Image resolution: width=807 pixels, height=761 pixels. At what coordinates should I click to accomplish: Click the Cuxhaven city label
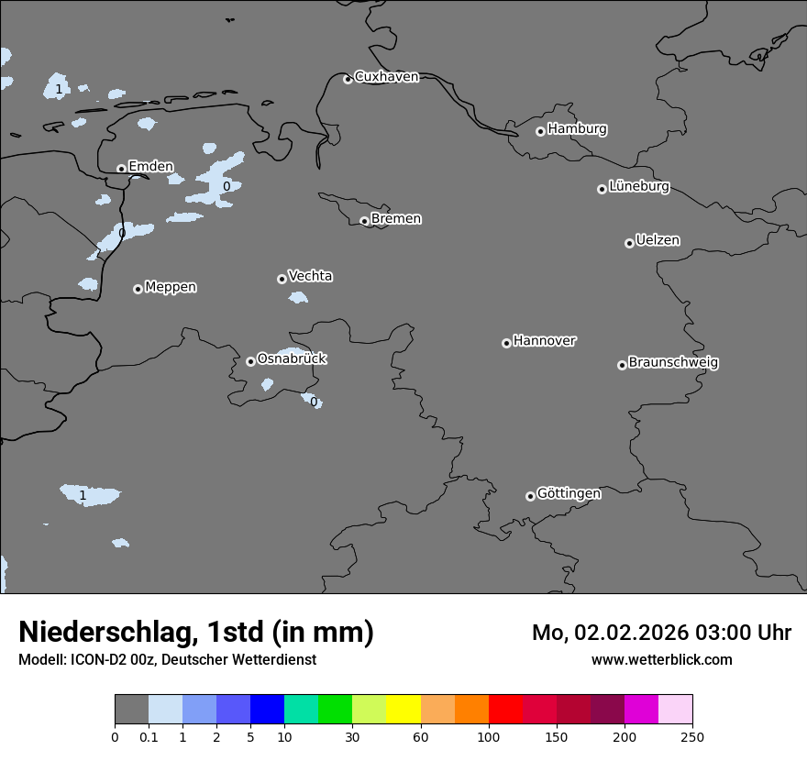coord(386,77)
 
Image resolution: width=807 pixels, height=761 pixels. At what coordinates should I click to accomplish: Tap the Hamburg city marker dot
coord(541,131)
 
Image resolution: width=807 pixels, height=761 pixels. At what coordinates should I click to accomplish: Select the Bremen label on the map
coord(396,219)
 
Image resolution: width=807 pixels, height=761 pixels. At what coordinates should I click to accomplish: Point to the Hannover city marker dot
coord(506,343)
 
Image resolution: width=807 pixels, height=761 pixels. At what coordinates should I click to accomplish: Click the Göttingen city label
coord(569,494)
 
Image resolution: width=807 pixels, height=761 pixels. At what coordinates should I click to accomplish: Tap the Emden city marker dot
coord(121,169)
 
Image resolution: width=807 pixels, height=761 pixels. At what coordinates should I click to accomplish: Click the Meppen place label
coord(171,288)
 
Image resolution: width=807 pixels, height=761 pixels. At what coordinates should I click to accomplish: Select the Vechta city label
coord(310,277)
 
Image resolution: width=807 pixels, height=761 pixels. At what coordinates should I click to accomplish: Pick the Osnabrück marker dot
coord(250,361)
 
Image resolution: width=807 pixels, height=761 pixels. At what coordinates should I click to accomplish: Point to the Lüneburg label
coord(639,187)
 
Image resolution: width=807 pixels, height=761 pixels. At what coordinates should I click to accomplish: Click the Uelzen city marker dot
coord(629,243)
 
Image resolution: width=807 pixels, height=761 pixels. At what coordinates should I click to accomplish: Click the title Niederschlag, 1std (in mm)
coord(196,633)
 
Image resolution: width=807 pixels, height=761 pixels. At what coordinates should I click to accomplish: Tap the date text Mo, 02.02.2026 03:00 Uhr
coord(661,633)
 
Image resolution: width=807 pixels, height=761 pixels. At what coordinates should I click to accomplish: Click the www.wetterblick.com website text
coord(661,660)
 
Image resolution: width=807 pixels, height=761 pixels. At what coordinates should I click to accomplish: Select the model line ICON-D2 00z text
coord(167,660)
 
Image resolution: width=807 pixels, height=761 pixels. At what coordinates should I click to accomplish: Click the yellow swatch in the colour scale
coord(403,710)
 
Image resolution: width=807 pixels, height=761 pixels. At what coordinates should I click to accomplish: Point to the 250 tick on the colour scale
coord(692,736)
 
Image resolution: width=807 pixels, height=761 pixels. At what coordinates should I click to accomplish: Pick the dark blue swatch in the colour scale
coord(267,710)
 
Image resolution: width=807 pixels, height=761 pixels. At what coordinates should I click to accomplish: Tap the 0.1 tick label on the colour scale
coord(149,736)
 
